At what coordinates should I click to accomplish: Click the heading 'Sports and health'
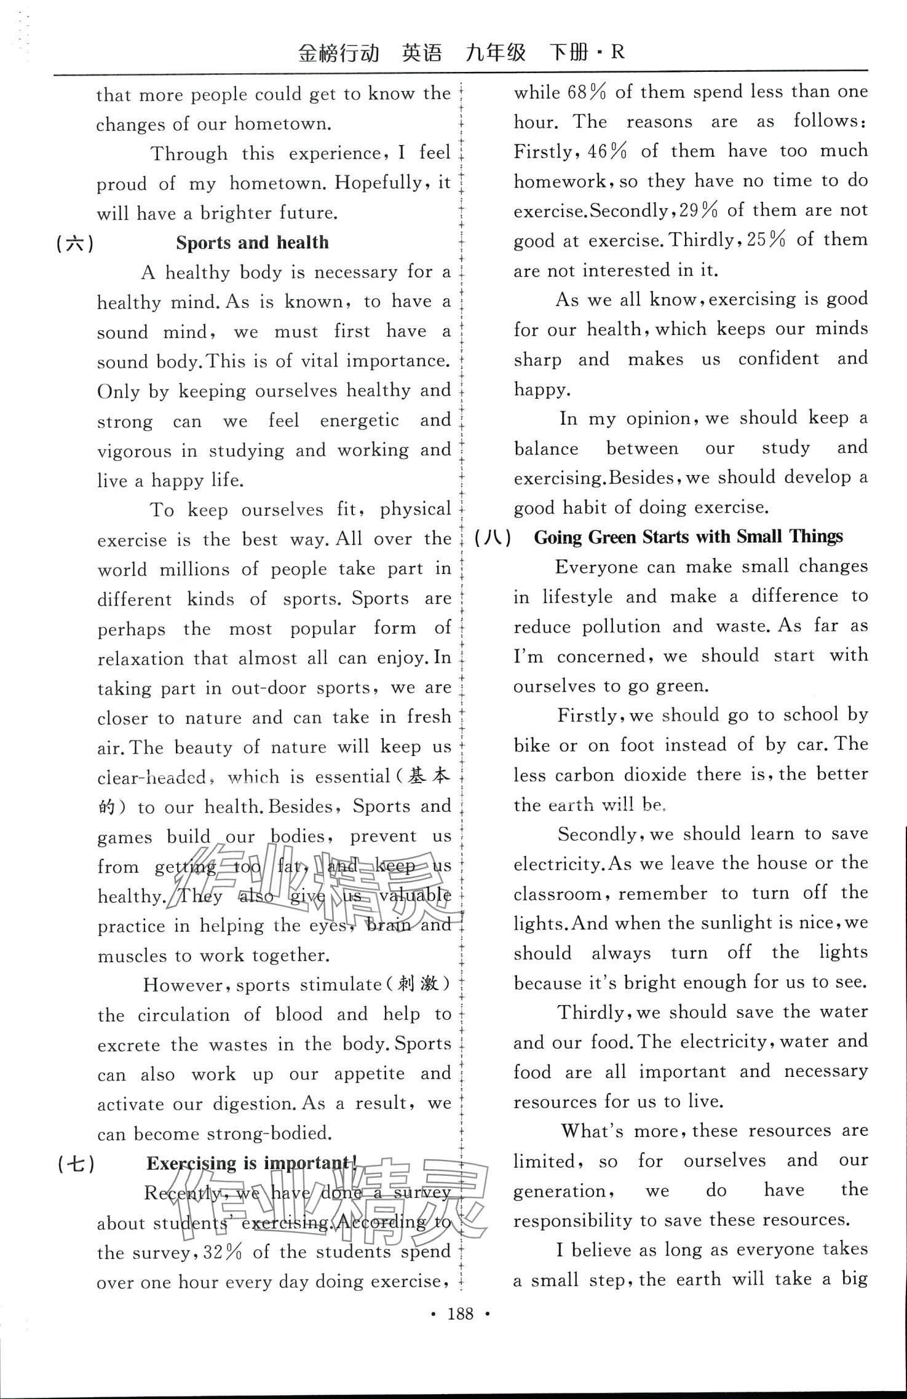(x=252, y=243)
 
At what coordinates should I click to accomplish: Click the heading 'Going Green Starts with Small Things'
(x=688, y=537)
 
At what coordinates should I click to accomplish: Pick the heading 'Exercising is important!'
(x=252, y=1164)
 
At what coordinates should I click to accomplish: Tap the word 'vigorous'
(x=134, y=451)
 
